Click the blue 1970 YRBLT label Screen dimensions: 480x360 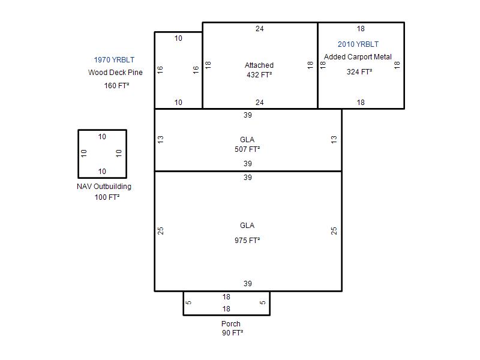click(114, 59)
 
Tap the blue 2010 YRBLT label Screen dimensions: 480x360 click(358, 44)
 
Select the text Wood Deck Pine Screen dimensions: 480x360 click(115, 73)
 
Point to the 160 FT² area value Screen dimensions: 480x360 click(116, 85)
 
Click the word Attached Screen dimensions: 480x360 click(259, 65)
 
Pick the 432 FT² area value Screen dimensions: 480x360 click(259, 74)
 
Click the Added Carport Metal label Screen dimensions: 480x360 click(358, 57)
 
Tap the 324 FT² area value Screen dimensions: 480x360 click(359, 72)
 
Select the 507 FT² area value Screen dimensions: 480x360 click(247, 149)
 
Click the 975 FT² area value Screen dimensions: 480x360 click(247, 241)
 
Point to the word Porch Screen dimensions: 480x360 click(231, 323)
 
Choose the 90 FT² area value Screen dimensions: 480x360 click(233, 333)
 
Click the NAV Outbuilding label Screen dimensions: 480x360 click(104, 187)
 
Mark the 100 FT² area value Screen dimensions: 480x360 click(107, 197)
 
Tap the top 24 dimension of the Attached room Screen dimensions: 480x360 click(260, 29)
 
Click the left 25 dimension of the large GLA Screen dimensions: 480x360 click(160, 231)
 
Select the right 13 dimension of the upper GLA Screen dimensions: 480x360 click(334, 140)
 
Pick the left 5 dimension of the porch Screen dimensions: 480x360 click(188, 302)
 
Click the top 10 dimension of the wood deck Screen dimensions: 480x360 click(178, 38)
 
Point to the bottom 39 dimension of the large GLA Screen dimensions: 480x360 click(248, 284)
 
